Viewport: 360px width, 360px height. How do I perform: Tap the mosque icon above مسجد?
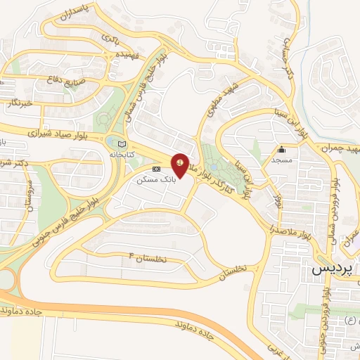(x=281, y=149)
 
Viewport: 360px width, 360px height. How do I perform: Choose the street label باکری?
(x=110, y=37)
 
